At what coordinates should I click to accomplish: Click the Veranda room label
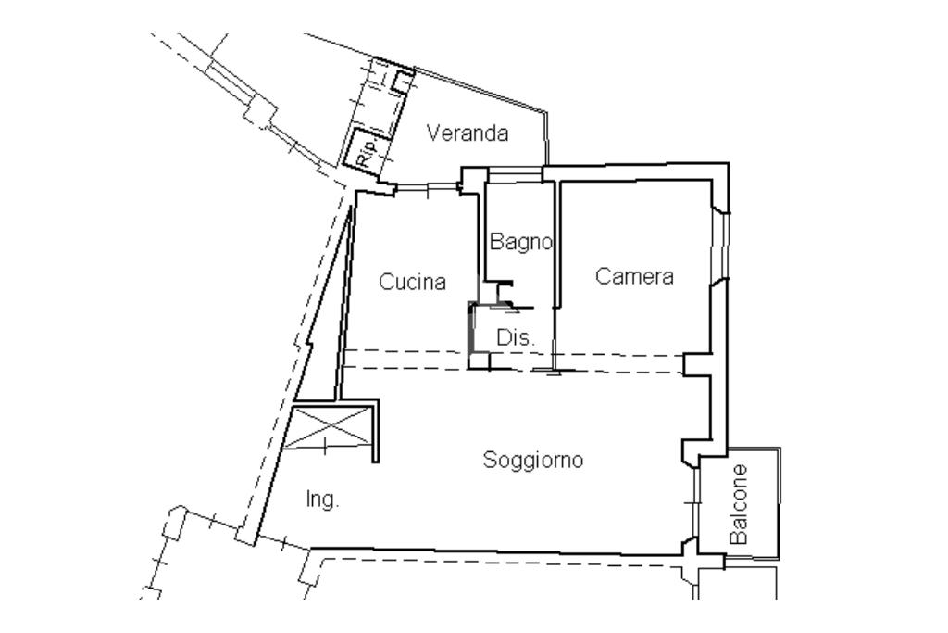[468, 133]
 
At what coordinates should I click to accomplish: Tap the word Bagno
[520, 242]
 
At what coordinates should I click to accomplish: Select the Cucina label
[412, 282]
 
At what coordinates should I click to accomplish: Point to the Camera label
[634, 276]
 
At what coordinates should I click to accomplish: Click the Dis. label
[516, 337]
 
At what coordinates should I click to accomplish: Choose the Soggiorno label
[533, 461]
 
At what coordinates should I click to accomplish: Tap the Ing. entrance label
[322, 500]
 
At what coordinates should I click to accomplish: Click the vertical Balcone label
[739, 504]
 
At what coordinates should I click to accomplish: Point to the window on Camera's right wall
[720, 246]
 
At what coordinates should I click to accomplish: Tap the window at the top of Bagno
[515, 175]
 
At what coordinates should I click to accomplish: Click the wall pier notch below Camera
[696, 365]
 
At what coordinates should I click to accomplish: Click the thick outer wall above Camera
[635, 171]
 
